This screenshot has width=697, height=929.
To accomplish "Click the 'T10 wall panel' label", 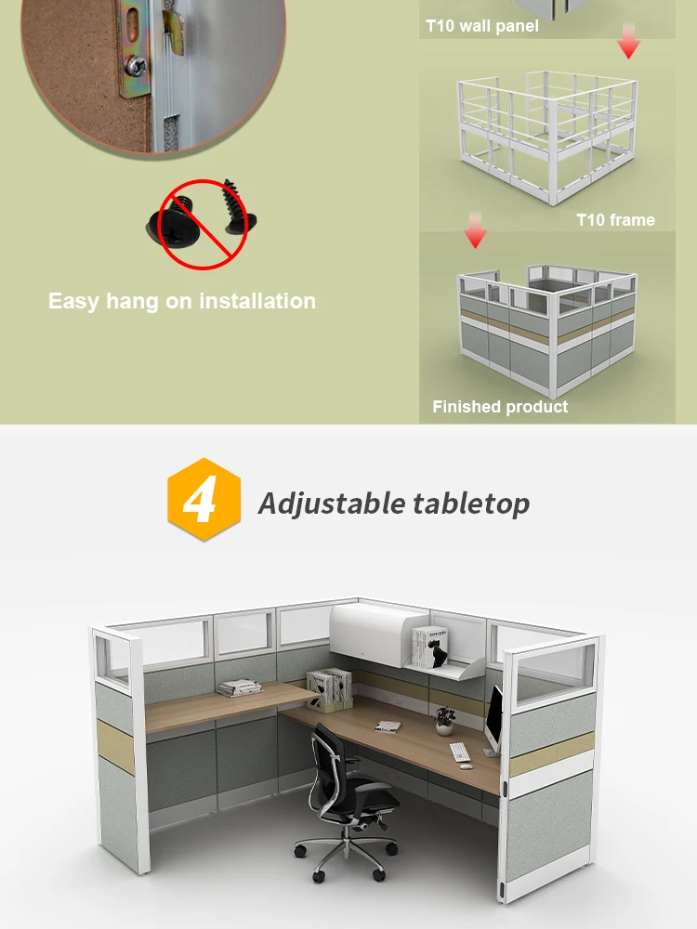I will coord(481,26).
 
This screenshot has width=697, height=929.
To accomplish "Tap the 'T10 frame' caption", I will coord(615,220).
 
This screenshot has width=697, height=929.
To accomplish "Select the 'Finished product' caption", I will coord(500,407).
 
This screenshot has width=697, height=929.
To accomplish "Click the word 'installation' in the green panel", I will coord(257,301).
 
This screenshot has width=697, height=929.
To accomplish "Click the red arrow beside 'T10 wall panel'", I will coord(628,42).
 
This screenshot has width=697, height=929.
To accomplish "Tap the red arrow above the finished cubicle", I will coord(475,232).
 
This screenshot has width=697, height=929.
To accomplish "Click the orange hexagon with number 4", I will coord(204,500).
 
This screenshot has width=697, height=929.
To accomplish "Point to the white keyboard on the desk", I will coord(460,752).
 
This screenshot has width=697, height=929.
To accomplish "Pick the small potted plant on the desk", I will coord(445,719).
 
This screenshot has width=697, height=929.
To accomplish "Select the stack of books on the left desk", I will coord(239,687).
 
